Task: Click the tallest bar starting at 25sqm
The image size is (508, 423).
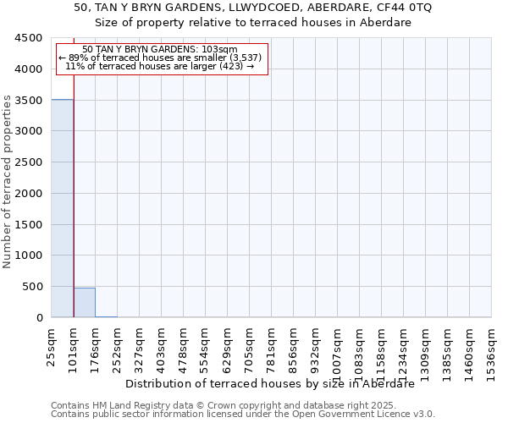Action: pyautogui.click(x=62, y=208)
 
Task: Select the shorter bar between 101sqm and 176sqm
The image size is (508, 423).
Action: pyautogui.click(x=84, y=303)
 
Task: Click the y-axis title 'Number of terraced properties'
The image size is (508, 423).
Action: pyautogui.click(x=8, y=182)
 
